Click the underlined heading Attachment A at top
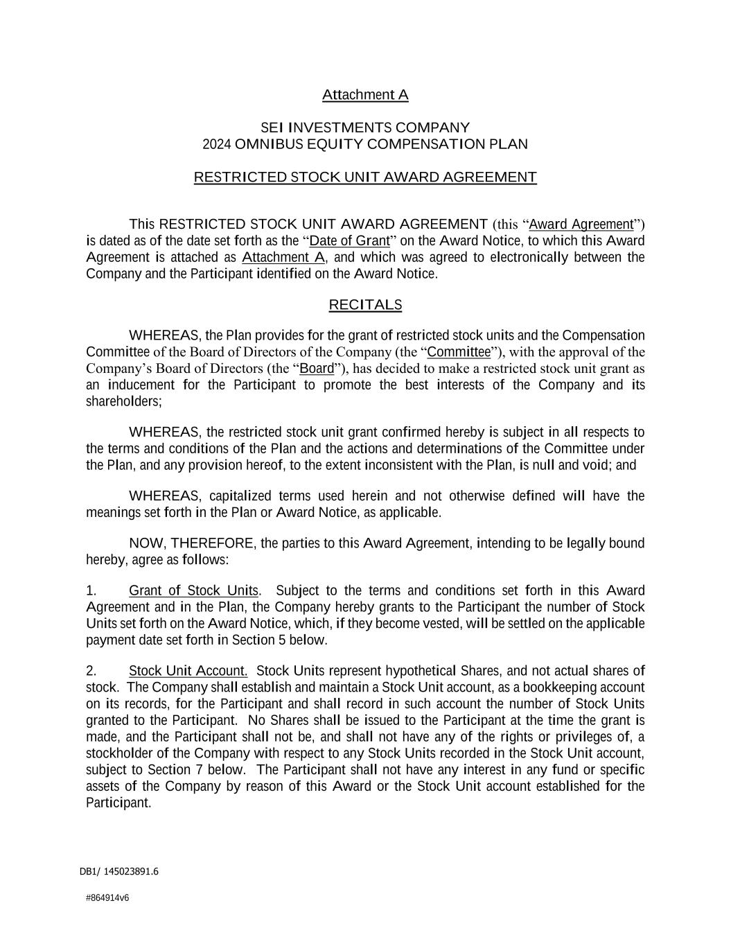(365, 95)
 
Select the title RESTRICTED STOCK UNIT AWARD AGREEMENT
(365, 177)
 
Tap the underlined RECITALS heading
(365, 305)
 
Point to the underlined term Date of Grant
(349, 241)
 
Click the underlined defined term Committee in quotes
(459, 352)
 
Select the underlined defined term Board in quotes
(317, 368)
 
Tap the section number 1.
(91, 591)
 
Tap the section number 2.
(91, 671)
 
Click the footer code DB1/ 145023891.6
(119, 872)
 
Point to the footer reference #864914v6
(107, 897)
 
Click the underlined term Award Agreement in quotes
(581, 225)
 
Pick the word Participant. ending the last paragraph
(118, 803)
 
